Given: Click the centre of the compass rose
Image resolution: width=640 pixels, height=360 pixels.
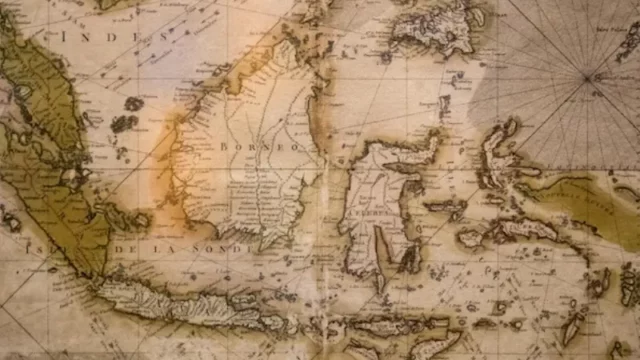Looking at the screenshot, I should [x=590, y=76].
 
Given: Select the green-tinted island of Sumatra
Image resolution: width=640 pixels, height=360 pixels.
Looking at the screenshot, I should [x=50, y=150].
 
